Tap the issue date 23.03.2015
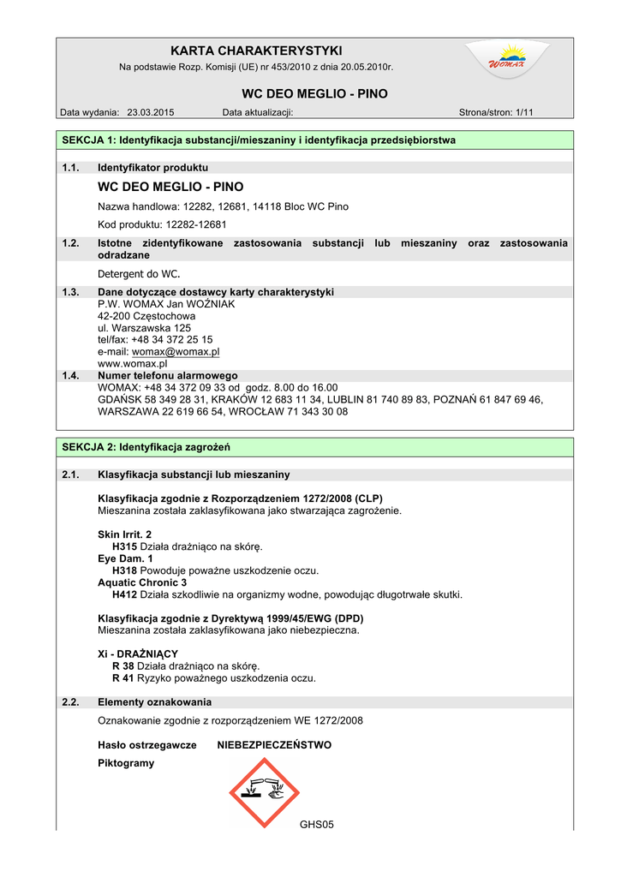pos(151,112)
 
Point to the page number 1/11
pos(520,112)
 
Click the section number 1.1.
pos(71,168)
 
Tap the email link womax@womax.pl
pos(176,351)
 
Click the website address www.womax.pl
pos(132,363)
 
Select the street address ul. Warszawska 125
pos(144,328)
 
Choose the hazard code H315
pos(125,546)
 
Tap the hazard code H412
pos(125,594)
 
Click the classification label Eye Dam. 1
pos(126,558)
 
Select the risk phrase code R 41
pos(123,678)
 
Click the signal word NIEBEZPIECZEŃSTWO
pos(274,745)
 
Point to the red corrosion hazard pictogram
pos(264,793)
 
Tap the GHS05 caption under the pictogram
pos(316,825)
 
